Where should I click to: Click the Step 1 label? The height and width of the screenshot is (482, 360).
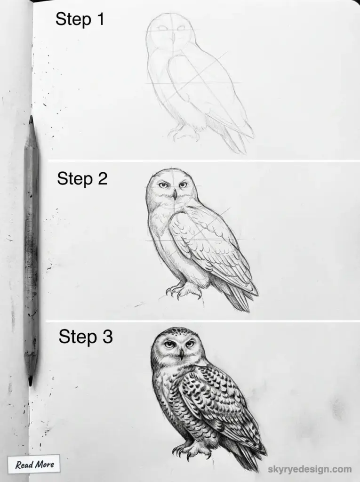pyautogui.click(x=80, y=19)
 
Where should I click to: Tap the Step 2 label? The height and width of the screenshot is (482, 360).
pyautogui.click(x=82, y=179)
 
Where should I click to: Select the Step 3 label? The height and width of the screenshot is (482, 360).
pyautogui.click(x=85, y=337)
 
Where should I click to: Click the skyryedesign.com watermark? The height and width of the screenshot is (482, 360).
pyautogui.click(x=310, y=469)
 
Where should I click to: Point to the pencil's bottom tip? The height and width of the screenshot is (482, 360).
pyautogui.click(x=31, y=383)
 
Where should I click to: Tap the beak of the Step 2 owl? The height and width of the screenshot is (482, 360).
pyautogui.click(x=174, y=194)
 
